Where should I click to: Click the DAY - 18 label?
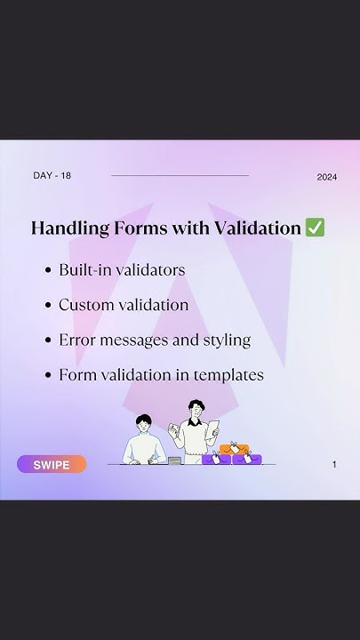(x=52, y=175)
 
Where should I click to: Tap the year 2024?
(x=326, y=177)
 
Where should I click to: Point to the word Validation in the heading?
(x=257, y=228)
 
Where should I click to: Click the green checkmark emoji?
(x=315, y=228)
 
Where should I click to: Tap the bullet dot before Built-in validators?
(x=47, y=270)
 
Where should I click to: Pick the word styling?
(x=226, y=340)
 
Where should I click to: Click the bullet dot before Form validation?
(x=47, y=375)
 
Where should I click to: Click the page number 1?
(x=334, y=464)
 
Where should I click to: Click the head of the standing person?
(x=196, y=410)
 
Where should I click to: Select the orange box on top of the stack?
(x=240, y=450)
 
